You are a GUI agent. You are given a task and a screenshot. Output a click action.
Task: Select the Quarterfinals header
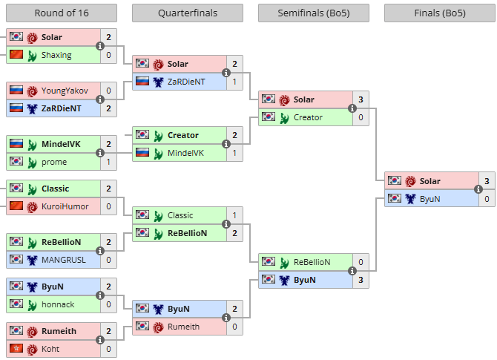187,13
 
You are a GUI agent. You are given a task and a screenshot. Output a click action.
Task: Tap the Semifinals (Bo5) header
313,13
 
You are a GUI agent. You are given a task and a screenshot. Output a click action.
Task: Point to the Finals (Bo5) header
439,13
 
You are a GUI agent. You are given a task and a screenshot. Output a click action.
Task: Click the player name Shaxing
56,55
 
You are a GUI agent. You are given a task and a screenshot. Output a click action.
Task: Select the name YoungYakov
65,91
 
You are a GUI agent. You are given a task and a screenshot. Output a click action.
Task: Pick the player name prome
54,162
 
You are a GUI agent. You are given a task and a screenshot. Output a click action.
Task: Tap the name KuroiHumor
65,206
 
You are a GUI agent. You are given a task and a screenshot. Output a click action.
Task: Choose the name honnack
58,304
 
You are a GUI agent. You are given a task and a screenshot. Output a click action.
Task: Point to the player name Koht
51,349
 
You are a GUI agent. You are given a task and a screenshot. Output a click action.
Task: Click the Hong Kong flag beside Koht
16,349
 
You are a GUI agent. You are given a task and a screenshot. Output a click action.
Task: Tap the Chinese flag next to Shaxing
16,55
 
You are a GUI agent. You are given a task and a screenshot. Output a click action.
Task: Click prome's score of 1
109,162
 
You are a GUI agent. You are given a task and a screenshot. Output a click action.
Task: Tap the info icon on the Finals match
479,190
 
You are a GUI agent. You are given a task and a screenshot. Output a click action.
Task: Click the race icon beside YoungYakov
33,91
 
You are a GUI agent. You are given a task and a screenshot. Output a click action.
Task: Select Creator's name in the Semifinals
308,117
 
